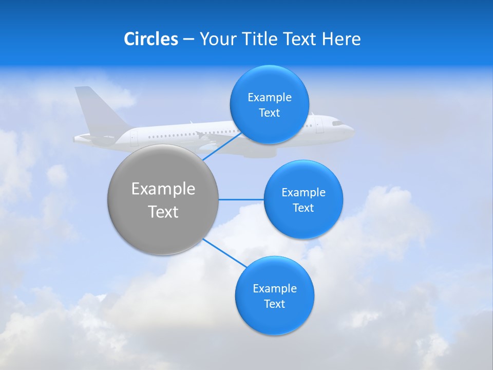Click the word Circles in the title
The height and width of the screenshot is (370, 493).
pyautogui.click(x=151, y=39)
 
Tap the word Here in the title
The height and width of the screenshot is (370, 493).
pyautogui.click(x=341, y=39)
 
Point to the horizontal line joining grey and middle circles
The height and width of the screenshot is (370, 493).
pyautogui.click(x=241, y=199)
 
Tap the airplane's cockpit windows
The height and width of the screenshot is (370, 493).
pyautogui.click(x=337, y=123)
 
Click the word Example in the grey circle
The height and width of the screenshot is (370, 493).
pyautogui.click(x=163, y=189)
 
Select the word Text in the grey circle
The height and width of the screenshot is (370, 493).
pyautogui.click(x=163, y=212)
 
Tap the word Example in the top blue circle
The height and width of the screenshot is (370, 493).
pyautogui.click(x=270, y=98)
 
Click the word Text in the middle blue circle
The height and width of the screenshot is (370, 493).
pyautogui.click(x=303, y=208)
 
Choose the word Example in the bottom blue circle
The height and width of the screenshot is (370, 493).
pyautogui.click(x=275, y=289)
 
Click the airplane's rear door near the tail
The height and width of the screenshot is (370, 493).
pyautogui.click(x=134, y=137)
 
